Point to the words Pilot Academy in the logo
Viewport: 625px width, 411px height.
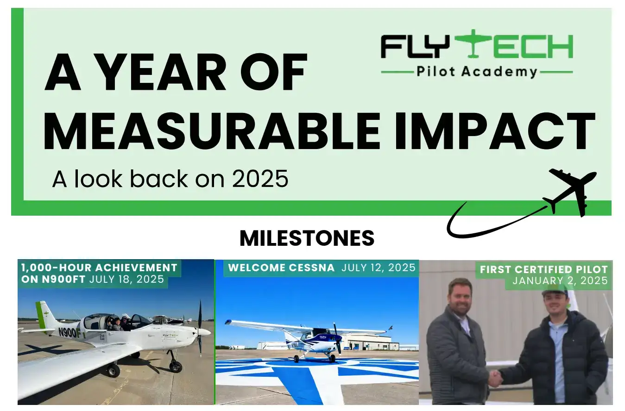pyautogui.click(x=477, y=72)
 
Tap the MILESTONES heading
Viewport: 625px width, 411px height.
pyautogui.click(x=307, y=238)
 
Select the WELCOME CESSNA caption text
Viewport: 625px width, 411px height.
pyautogui.click(x=281, y=268)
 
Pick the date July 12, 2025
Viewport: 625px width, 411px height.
pyautogui.click(x=379, y=268)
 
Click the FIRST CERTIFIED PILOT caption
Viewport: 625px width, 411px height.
pyautogui.click(x=543, y=269)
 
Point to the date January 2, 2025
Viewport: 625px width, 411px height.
pyautogui.click(x=560, y=280)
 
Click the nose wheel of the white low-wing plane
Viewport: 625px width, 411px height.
pyautogui.click(x=175, y=366)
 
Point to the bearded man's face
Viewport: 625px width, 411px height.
pyautogui.click(x=461, y=297)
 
